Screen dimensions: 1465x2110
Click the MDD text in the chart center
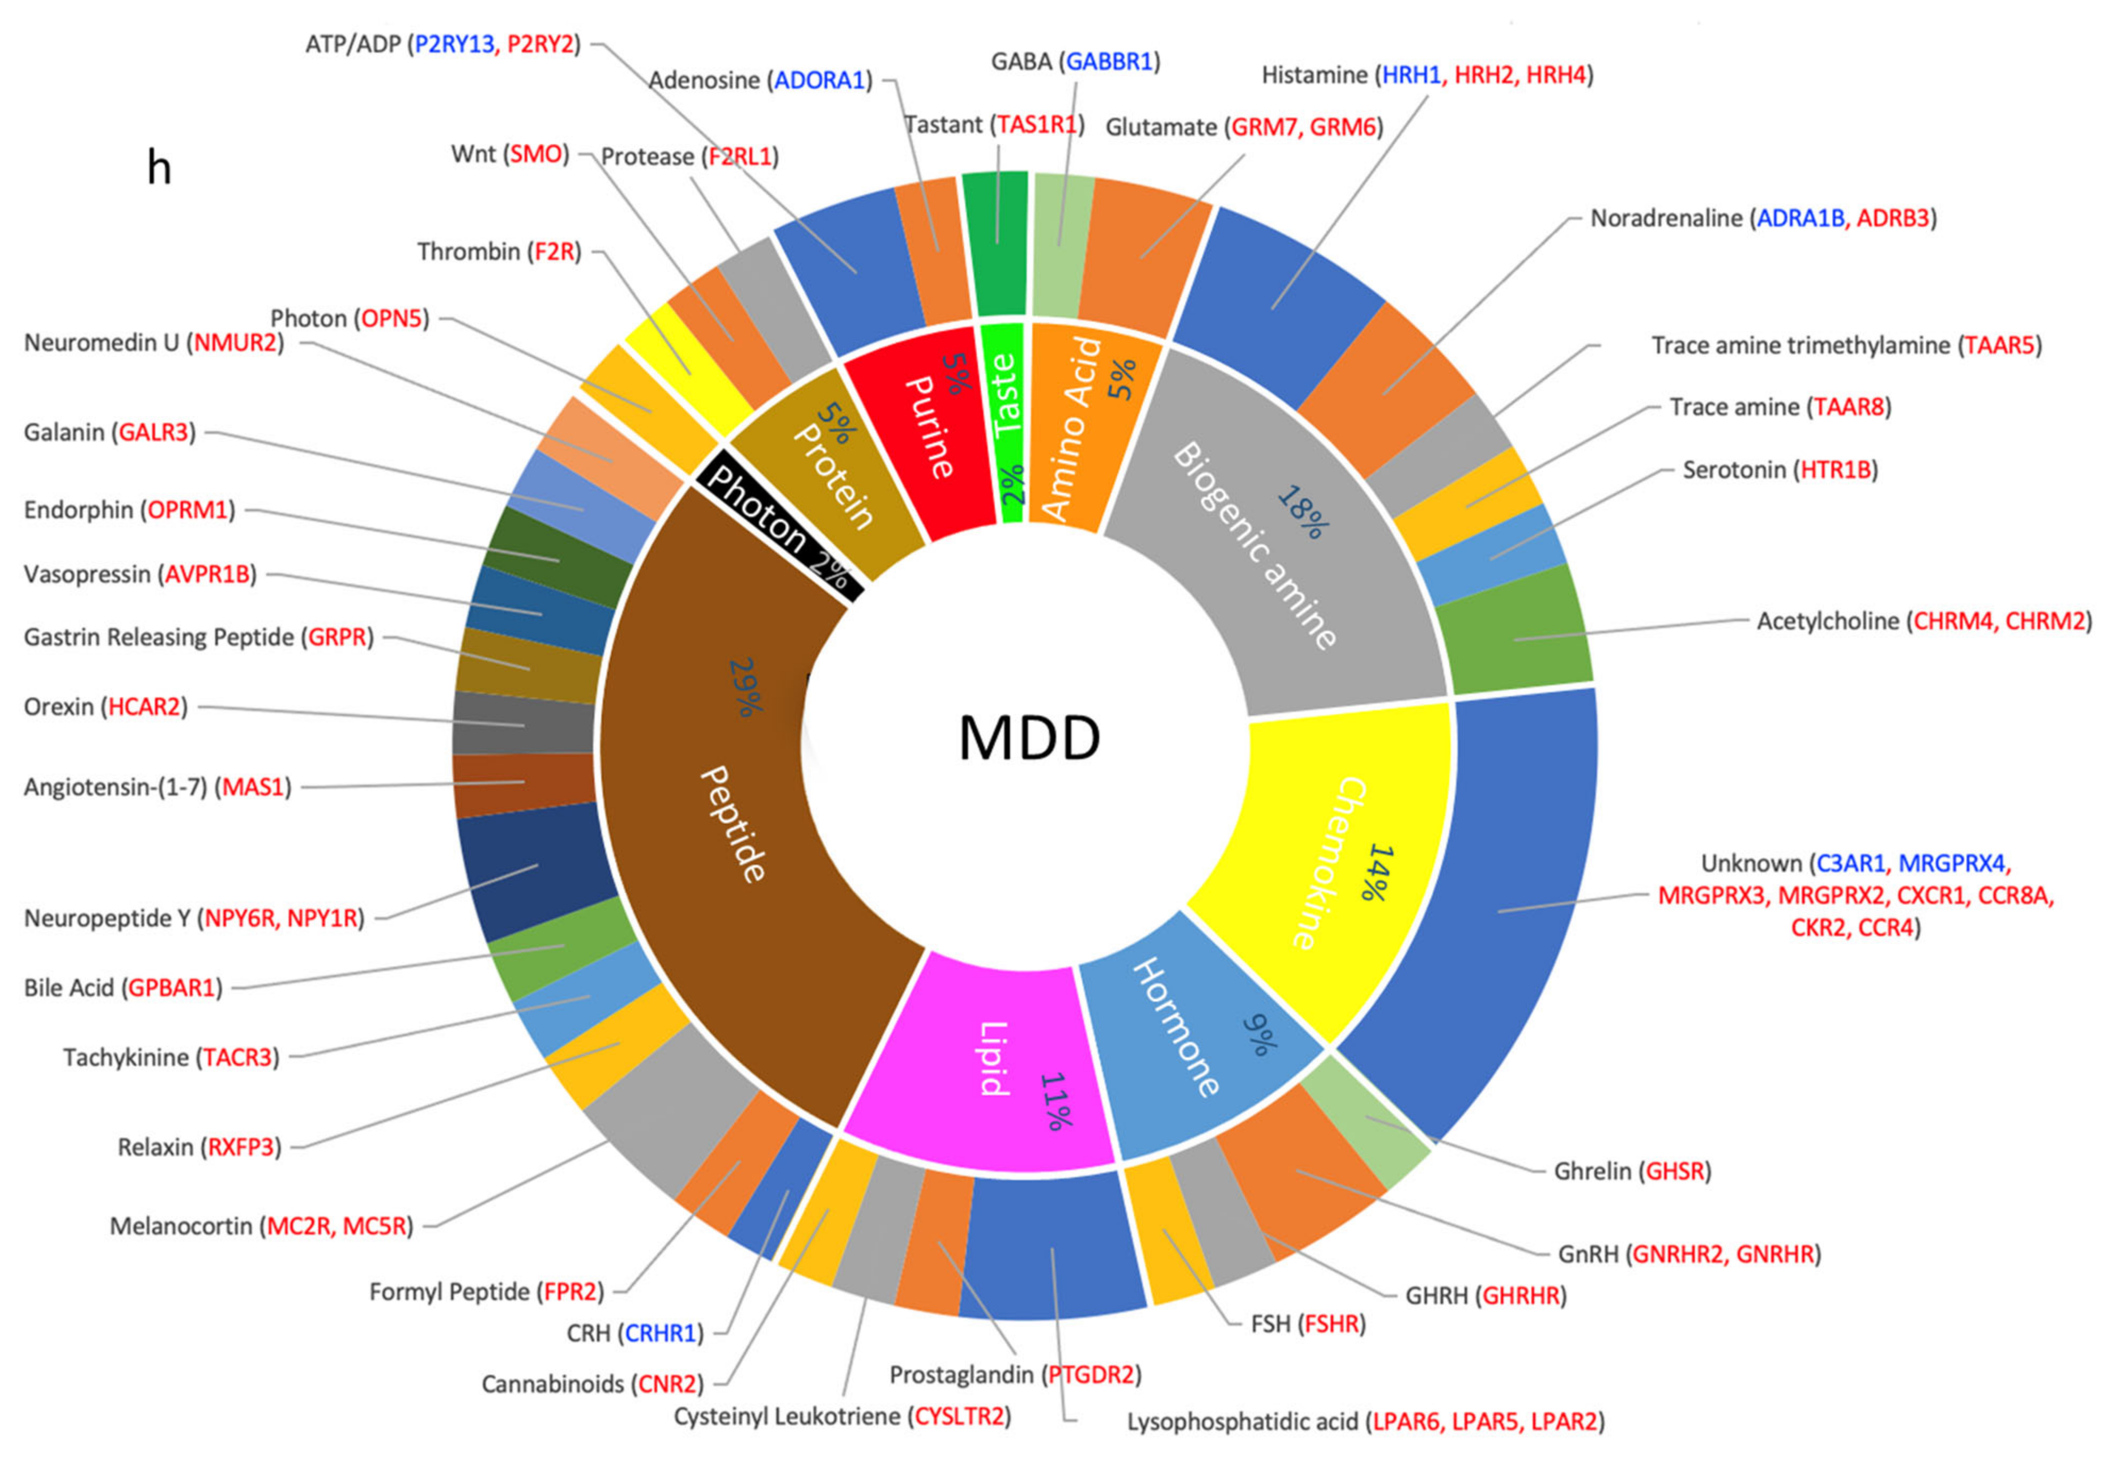(1028, 738)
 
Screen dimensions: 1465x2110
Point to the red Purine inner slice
(927, 431)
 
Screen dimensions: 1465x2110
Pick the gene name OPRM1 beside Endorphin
(187, 509)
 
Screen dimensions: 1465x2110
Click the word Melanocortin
(180, 1226)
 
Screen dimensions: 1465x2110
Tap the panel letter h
(159, 168)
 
